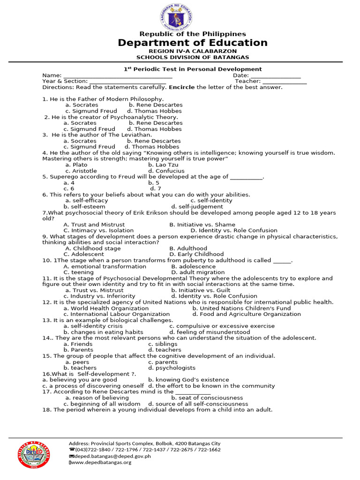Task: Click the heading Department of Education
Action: click(x=193, y=43)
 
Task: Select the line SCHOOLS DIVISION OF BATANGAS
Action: click(x=193, y=57)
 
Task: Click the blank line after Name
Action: click(x=118, y=76)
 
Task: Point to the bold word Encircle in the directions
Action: click(x=181, y=87)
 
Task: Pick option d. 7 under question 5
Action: click(x=155, y=188)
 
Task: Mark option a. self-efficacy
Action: click(x=87, y=201)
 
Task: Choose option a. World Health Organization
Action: click(x=106, y=308)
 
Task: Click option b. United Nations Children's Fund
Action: click(x=241, y=308)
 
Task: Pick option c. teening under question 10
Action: click(x=79, y=272)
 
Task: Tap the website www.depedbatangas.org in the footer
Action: click(x=101, y=462)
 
